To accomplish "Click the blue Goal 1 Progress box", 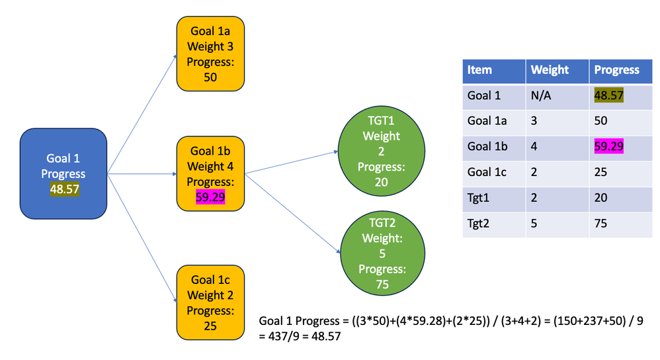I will pyautogui.click(x=63, y=173).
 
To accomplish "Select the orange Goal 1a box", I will pyautogui.click(x=210, y=54).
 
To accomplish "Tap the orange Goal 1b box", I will pyautogui.click(x=210, y=173).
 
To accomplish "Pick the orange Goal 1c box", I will pyautogui.click(x=210, y=302).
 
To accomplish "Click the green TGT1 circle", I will pyautogui.click(x=381, y=151).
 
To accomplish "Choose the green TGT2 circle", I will pyautogui.click(x=381, y=253).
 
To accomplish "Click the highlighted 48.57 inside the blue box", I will pyautogui.click(x=63, y=189).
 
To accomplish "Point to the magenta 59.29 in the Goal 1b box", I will pyautogui.click(x=210, y=197).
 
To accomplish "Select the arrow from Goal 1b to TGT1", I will pyautogui.click(x=291, y=163).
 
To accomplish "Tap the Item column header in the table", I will pyautogui.click(x=479, y=70).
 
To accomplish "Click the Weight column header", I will pyautogui.click(x=550, y=70).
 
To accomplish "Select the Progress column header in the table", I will pyautogui.click(x=616, y=70).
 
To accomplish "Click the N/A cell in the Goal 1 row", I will pyautogui.click(x=542, y=95).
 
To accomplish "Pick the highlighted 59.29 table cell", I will pyautogui.click(x=608, y=146).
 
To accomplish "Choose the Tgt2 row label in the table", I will pyautogui.click(x=479, y=223).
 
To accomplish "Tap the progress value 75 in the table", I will pyautogui.click(x=600, y=223).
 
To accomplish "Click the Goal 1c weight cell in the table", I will pyautogui.click(x=535, y=172).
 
